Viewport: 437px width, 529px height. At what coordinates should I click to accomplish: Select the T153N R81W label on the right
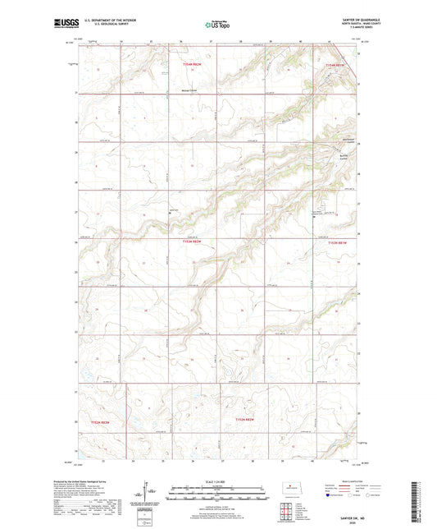point(338,242)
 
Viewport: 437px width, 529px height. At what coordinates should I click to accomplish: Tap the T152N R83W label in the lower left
point(98,421)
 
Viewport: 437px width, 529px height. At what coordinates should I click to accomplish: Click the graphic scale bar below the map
point(218,494)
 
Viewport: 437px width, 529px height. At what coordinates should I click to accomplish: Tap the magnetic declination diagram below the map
point(149,496)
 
